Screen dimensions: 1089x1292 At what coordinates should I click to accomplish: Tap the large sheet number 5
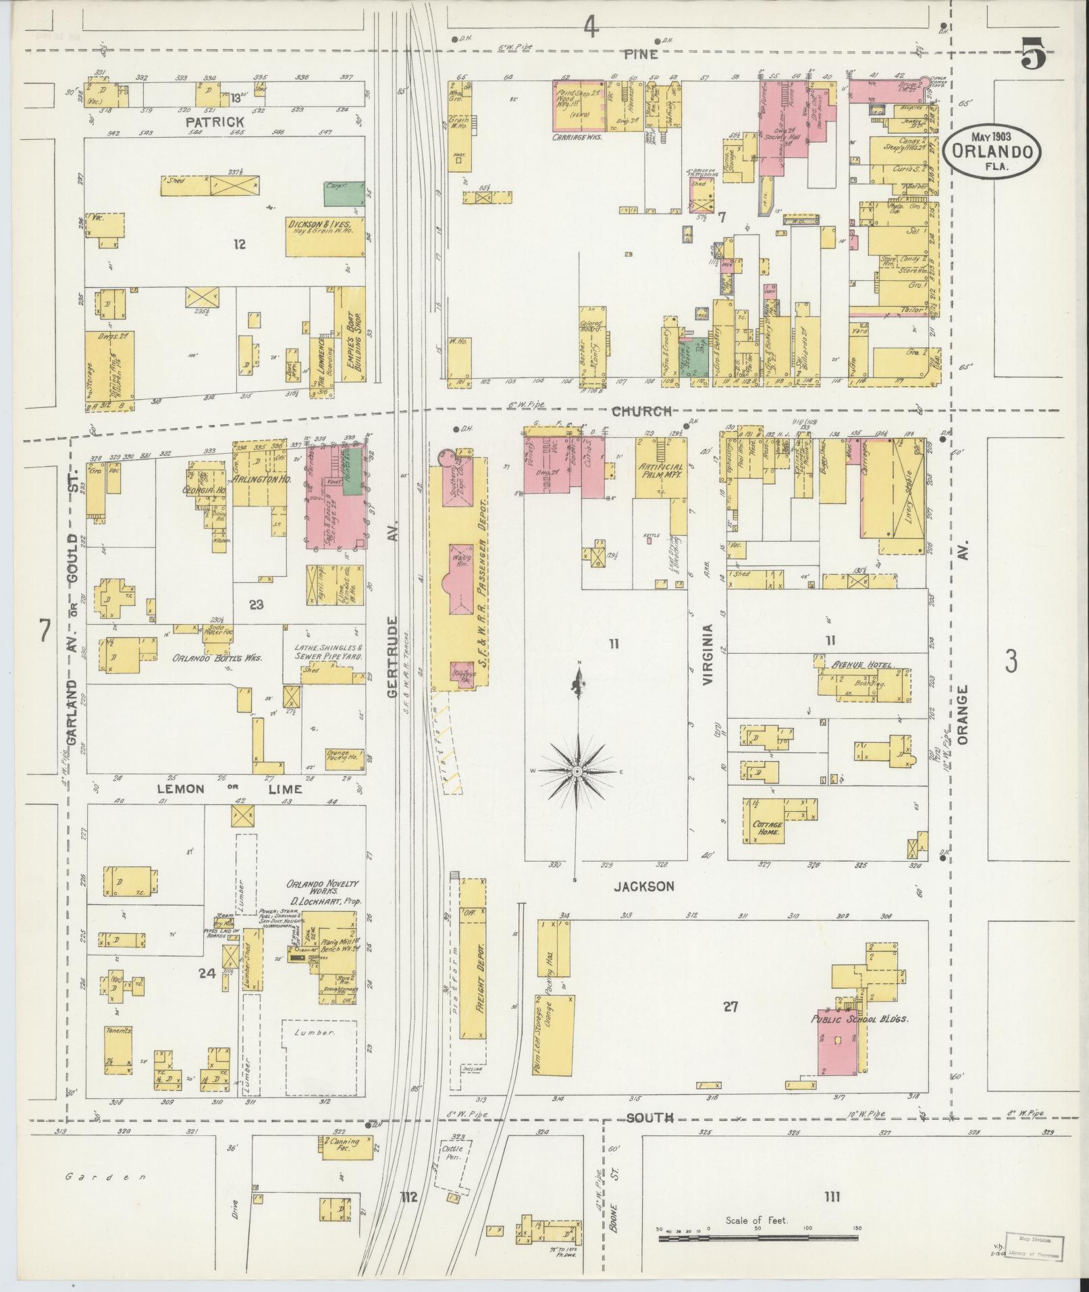tap(1032, 55)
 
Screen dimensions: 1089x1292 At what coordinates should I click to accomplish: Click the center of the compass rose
tap(578, 771)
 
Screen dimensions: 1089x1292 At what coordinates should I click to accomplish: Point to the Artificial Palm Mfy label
tap(660, 471)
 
